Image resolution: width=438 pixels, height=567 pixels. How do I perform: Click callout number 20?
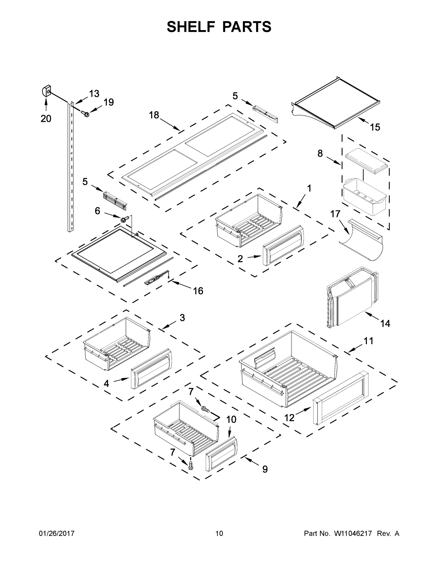46,119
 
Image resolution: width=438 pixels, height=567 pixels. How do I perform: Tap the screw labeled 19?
85,113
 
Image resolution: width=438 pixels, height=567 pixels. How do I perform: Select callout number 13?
94,94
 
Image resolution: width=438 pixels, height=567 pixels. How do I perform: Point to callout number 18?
154,115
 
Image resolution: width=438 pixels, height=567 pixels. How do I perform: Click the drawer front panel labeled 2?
283,245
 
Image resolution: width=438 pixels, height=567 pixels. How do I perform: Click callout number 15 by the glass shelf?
375,127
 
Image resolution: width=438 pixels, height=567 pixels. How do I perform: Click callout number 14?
385,323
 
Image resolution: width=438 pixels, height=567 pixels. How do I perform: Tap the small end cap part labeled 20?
46,91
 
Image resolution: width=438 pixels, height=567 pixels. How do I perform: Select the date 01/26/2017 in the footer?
57,533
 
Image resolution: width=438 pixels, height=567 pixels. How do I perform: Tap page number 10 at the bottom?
219,533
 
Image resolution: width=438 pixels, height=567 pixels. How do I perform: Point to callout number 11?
368,341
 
